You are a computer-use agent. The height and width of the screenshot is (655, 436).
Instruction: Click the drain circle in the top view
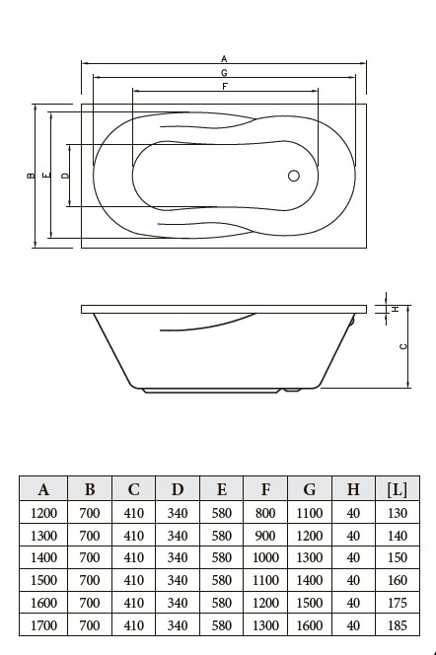click(x=294, y=176)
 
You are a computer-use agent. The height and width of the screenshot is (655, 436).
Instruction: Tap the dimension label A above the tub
click(x=224, y=58)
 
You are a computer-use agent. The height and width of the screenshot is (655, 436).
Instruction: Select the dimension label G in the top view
click(x=224, y=73)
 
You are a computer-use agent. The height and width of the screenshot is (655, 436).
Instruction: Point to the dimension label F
click(x=225, y=87)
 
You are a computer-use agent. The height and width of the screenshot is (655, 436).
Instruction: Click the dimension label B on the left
click(x=31, y=176)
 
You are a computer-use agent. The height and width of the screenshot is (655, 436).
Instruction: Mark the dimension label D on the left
click(x=65, y=176)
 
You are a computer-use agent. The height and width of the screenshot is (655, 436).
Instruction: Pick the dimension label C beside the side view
click(x=403, y=346)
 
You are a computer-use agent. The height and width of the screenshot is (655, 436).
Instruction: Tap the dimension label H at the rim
click(x=396, y=309)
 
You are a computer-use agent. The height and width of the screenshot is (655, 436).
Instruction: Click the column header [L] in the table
click(x=398, y=489)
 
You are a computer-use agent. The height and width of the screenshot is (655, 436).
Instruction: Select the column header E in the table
click(x=222, y=489)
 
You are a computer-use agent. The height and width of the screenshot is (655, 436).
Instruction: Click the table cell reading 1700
click(x=43, y=625)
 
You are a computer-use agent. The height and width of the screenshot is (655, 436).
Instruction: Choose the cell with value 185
click(x=398, y=625)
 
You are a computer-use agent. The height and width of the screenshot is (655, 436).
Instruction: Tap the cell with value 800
click(x=265, y=513)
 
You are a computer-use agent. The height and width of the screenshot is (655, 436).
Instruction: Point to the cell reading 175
click(x=398, y=603)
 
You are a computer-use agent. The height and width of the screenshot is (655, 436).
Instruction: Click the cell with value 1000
click(x=265, y=557)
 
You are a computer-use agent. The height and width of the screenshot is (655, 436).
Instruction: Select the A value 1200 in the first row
click(x=43, y=513)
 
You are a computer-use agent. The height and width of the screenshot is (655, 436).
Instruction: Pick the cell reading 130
click(x=398, y=513)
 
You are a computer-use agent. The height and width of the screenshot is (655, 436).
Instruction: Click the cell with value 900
click(x=265, y=536)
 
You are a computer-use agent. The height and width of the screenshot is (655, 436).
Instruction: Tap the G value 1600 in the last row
click(x=310, y=625)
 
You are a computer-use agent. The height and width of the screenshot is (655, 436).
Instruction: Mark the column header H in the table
click(x=353, y=489)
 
